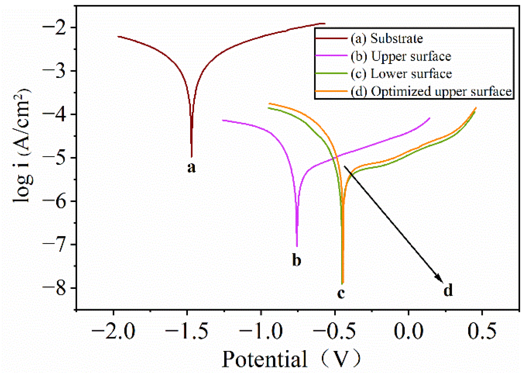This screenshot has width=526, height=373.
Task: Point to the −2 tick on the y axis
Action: [59, 27]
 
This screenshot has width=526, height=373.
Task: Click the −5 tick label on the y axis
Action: [59, 158]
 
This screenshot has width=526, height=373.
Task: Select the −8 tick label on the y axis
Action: [59, 288]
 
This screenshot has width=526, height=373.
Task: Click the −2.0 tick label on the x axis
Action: [113, 331]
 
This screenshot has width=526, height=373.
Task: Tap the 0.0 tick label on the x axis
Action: [408, 331]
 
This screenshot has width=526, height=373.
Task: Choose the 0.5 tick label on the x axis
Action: [482, 331]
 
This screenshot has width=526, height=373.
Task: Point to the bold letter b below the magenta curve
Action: [297, 260]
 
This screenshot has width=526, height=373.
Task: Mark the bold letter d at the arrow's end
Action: [448, 291]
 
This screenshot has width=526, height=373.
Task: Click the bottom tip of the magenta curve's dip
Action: [297, 246]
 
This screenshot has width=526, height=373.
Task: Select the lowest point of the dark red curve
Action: [192, 156]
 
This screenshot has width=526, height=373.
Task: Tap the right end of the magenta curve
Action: [429, 118]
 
